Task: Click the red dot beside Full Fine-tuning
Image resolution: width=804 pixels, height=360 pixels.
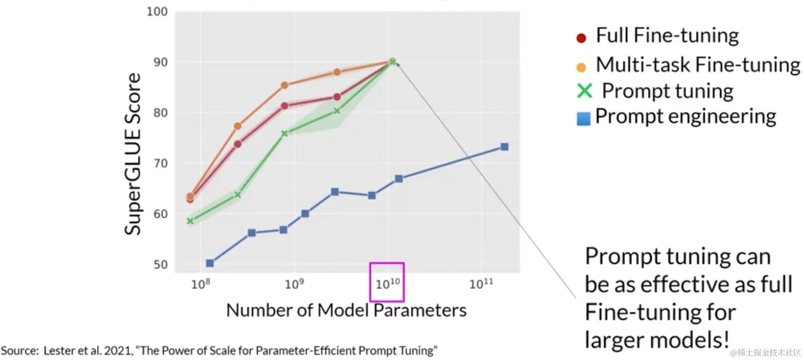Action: point(581,38)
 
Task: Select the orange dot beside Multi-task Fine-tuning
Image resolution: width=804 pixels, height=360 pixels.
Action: point(581,68)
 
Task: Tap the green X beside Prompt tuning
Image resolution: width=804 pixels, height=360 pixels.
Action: point(585,91)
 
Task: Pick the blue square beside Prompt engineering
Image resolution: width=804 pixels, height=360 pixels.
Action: point(583,119)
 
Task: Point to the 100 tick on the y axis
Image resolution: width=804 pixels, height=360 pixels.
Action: point(157,12)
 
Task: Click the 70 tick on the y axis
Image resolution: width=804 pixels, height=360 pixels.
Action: point(160,163)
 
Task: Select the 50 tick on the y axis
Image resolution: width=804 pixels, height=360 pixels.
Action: point(160,264)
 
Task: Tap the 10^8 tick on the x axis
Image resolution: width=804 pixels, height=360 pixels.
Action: point(200,284)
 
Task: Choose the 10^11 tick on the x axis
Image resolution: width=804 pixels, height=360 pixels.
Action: point(482,284)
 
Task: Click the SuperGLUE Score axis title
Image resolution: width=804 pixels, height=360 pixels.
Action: point(132,154)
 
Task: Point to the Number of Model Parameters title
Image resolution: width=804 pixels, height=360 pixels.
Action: point(346,310)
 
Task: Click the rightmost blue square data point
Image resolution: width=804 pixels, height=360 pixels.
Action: point(504,147)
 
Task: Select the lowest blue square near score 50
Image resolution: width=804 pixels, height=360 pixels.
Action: point(210,263)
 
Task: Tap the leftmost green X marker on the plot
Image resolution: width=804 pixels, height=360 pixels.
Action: point(190,221)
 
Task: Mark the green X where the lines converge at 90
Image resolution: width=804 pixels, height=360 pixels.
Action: point(392,62)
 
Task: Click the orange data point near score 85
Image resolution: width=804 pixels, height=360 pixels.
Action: point(285,85)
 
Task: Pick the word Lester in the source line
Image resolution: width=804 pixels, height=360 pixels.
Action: point(59,351)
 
